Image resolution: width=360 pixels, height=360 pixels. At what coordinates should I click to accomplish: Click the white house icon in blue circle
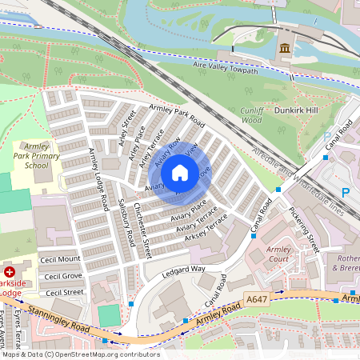tap(180, 172)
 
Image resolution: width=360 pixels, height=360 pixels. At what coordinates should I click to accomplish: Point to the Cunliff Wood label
tap(251, 114)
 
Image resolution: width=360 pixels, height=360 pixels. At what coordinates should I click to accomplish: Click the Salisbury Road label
tap(124, 223)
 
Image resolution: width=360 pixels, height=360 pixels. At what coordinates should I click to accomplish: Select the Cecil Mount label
tap(62, 259)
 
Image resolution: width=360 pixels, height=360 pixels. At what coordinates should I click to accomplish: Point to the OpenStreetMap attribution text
tap(80, 354)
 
